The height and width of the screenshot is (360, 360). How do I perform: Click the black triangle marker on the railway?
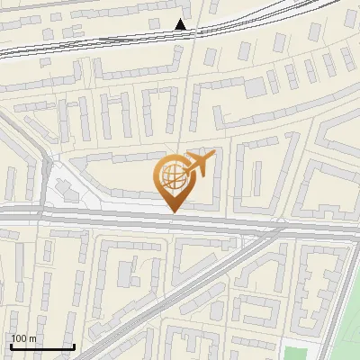click(181, 24)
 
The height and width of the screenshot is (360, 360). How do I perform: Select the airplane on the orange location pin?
click(199, 165)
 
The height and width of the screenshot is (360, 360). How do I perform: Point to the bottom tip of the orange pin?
click(174, 212)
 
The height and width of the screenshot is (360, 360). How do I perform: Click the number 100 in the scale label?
click(19, 338)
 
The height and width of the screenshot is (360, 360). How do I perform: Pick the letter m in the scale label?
click(32, 338)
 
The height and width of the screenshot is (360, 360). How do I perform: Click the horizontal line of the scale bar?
click(41, 346)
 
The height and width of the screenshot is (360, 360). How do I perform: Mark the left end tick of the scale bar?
click(10, 345)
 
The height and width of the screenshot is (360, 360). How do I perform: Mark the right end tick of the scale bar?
click(74, 345)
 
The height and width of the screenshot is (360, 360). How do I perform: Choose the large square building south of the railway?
click(256, 86)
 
